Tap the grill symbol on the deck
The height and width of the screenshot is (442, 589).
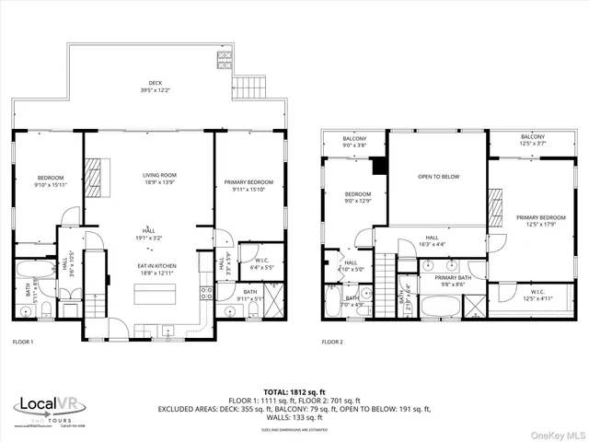point(224,62)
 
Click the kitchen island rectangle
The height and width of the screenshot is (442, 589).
point(155,294)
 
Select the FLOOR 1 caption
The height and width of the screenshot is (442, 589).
point(23,342)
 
